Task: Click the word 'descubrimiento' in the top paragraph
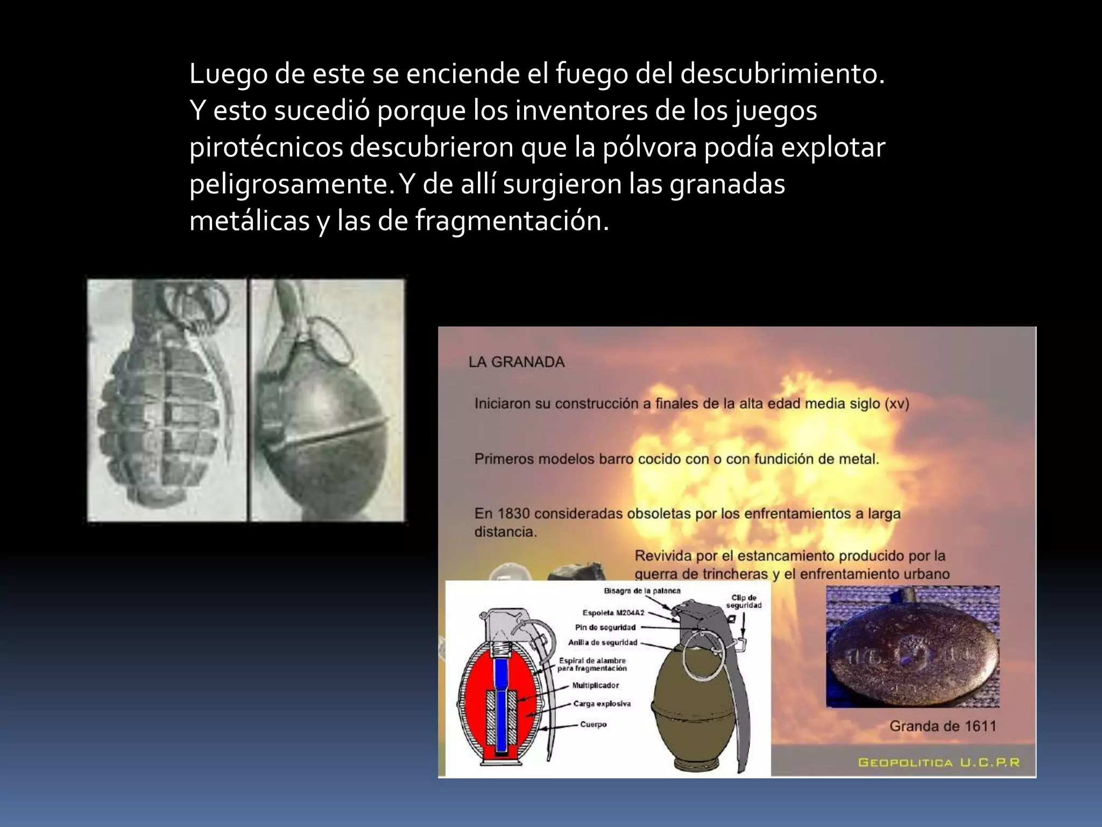click(782, 74)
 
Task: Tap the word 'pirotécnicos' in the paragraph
click(266, 148)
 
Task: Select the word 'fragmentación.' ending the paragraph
click(512, 221)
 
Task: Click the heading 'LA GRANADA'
click(517, 362)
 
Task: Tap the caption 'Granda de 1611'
click(943, 726)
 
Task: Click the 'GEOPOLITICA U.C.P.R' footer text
click(939, 762)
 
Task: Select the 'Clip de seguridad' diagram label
click(744, 601)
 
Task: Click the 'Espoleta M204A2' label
click(613, 613)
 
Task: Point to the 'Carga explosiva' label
click(602, 704)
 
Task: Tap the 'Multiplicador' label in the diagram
click(595, 685)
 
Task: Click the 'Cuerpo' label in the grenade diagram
click(593, 724)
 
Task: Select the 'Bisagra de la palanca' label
click(642, 591)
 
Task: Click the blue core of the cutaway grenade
click(501, 700)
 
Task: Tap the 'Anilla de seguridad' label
click(603, 642)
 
